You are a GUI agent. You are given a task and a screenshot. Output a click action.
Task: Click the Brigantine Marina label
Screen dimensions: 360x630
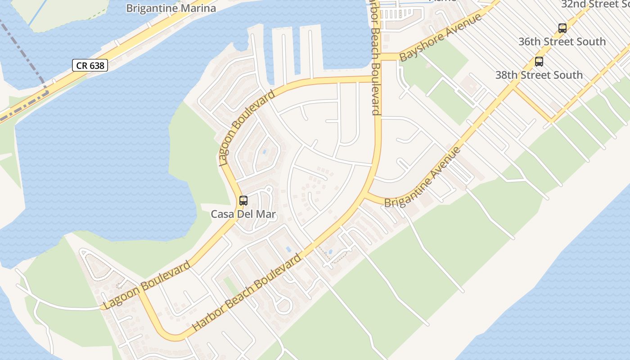click(x=171, y=8)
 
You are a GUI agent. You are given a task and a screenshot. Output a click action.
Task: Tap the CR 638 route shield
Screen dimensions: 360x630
click(x=90, y=66)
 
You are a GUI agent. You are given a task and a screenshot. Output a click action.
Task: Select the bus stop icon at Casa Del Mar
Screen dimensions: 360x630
click(x=243, y=201)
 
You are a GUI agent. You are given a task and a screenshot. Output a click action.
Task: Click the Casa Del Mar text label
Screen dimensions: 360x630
click(x=243, y=214)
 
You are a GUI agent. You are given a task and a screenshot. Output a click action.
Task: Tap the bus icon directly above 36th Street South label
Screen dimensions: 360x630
click(x=562, y=28)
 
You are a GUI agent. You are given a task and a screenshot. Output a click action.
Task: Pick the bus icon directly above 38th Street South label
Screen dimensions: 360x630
click(x=539, y=62)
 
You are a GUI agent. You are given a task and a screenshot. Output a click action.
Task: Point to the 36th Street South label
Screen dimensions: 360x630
click(x=562, y=42)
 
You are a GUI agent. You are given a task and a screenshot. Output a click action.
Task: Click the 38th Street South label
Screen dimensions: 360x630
click(x=539, y=75)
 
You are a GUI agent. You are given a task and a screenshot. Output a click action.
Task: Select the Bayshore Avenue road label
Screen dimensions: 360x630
click(x=441, y=37)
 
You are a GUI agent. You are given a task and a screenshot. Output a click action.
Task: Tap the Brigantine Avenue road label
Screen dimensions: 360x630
click(x=423, y=177)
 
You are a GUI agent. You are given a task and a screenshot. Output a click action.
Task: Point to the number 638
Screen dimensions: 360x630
click(x=96, y=66)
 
